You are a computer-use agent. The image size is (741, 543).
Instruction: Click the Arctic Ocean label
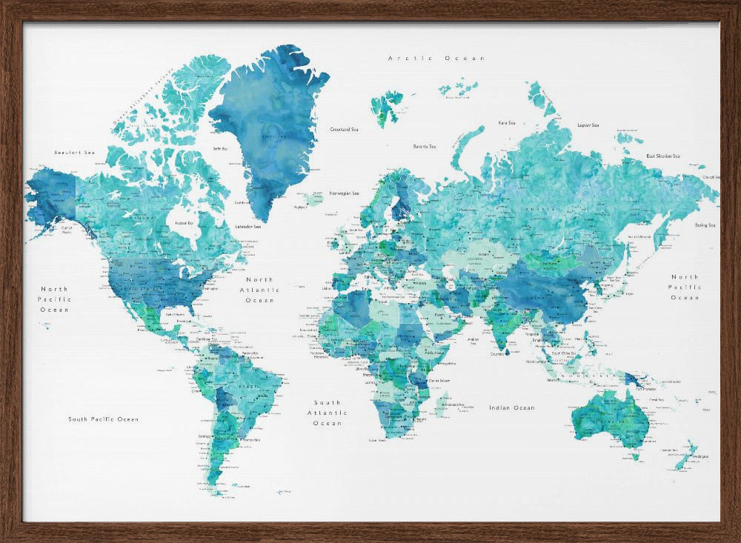[436, 58]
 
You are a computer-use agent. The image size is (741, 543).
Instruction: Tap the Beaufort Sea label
[75, 153]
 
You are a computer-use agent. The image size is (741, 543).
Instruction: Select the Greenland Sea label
[344, 130]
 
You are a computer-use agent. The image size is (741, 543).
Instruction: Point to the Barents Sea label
[425, 146]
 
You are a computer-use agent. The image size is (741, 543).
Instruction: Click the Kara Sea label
[507, 123]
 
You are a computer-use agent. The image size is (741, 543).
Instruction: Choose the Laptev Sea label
[588, 125]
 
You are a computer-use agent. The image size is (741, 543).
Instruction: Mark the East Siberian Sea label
[662, 156]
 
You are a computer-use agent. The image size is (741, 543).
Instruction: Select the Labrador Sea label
[247, 227]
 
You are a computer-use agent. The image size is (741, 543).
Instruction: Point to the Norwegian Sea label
[344, 193]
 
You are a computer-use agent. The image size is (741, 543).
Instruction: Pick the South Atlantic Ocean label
[327, 413]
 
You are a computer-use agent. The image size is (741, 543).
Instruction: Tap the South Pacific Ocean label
[103, 419]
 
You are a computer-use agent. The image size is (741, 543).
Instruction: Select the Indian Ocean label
[511, 408]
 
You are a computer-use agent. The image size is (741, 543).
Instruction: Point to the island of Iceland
[314, 199]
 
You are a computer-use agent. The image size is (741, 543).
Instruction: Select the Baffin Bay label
[220, 149]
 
